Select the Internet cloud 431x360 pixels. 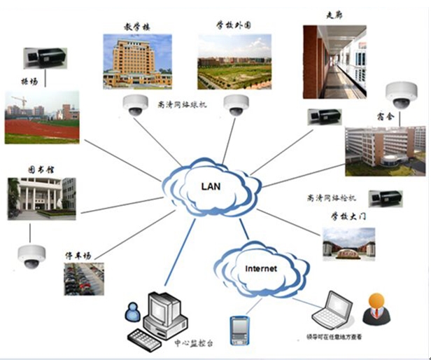(x=260, y=268)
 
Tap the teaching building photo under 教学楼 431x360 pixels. (x=137, y=61)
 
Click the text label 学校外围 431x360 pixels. (x=234, y=25)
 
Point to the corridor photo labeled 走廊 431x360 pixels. (x=334, y=62)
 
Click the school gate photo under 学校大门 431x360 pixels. (x=348, y=242)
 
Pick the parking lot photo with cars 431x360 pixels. (x=84, y=278)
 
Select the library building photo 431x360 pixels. (x=42, y=195)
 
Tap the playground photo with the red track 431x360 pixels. (x=42, y=117)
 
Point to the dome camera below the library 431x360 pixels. (x=31, y=256)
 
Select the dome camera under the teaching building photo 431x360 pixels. (x=134, y=106)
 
